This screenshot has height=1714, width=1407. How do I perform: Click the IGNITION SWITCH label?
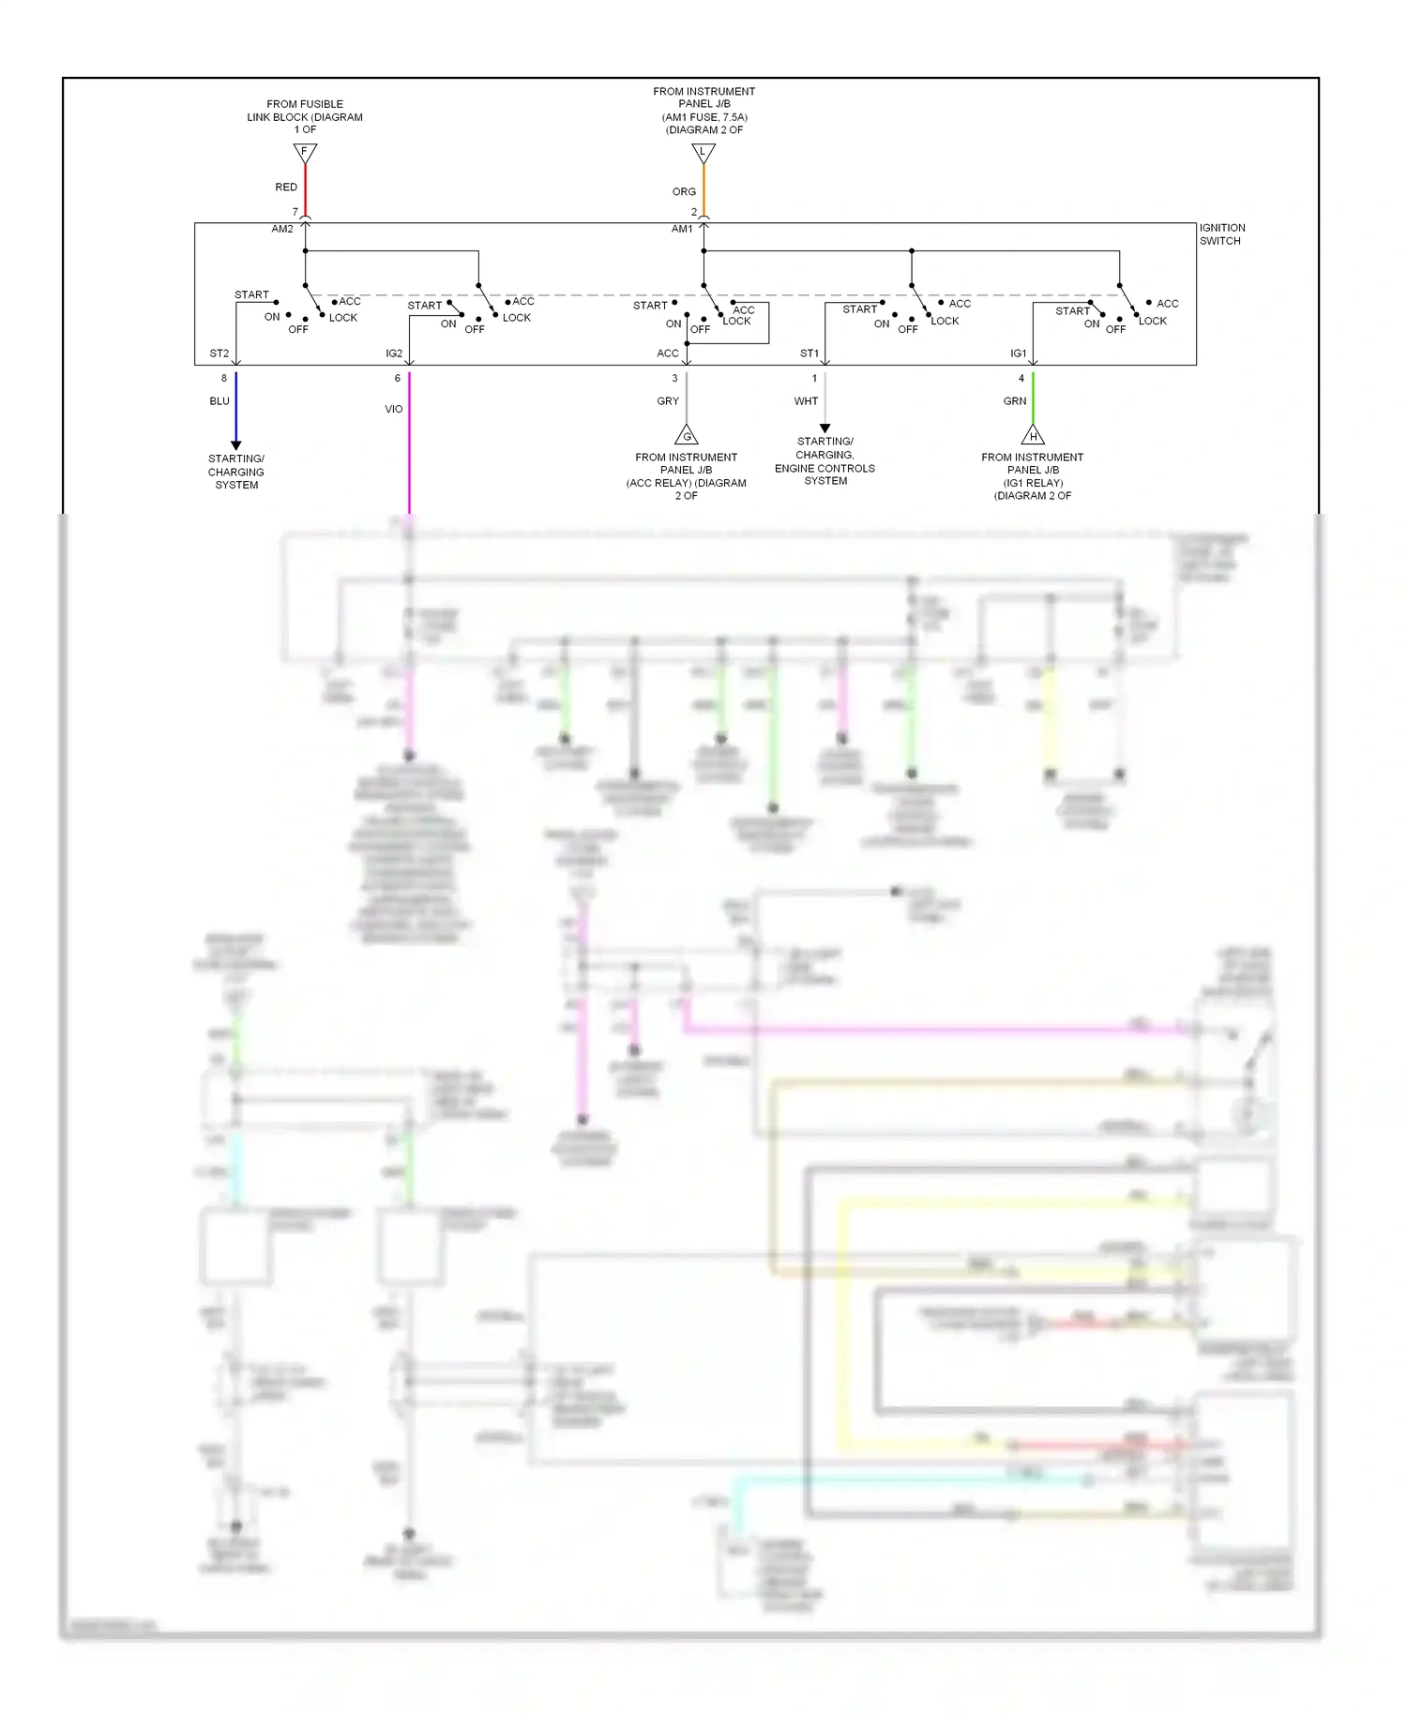point(1221,234)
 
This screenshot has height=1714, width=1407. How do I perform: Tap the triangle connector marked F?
point(305,152)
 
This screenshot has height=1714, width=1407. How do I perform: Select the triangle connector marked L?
point(703,152)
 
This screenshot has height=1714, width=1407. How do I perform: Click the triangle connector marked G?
point(687,436)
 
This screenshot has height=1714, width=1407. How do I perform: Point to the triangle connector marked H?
point(1033,436)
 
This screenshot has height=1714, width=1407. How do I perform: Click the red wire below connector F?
point(305,190)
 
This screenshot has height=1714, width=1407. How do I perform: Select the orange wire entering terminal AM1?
point(703,192)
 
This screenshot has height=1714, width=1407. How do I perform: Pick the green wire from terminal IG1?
point(1033,398)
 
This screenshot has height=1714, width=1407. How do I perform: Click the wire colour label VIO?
point(394,409)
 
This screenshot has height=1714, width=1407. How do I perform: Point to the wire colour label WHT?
point(806,401)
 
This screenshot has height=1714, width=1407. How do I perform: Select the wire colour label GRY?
point(668,401)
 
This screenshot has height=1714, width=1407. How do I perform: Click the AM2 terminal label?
point(282,229)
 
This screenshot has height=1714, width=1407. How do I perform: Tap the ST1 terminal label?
point(809,353)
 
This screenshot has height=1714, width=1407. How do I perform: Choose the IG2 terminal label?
point(394,353)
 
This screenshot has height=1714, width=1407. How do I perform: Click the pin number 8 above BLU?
point(224,379)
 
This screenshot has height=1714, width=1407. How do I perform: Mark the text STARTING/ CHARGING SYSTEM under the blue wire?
point(236,472)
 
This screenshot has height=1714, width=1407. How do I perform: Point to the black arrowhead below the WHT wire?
point(825,428)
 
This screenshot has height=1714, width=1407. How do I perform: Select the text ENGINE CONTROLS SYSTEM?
point(825,474)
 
